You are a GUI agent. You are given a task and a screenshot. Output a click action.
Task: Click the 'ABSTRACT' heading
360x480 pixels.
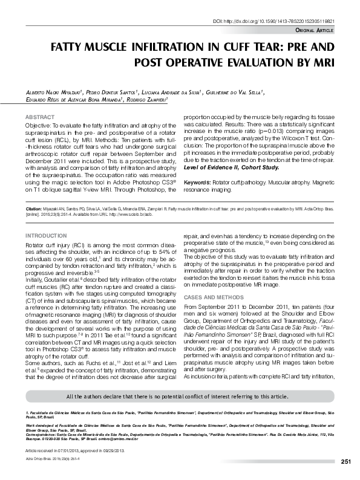38,115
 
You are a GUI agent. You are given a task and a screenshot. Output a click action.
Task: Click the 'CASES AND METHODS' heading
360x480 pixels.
212,297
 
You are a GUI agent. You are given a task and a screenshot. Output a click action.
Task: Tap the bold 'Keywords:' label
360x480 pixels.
197,182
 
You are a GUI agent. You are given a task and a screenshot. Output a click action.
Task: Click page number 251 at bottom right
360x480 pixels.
346,462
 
